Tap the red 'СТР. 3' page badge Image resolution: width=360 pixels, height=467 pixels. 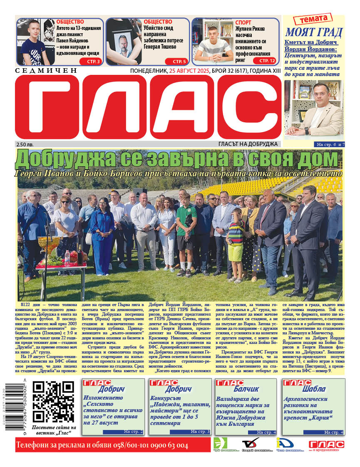93,62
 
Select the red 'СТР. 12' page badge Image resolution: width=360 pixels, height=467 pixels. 267,61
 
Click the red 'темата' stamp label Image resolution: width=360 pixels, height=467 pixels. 313,19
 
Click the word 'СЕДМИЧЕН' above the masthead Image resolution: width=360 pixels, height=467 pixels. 46,71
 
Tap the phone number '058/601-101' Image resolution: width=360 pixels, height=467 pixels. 133,446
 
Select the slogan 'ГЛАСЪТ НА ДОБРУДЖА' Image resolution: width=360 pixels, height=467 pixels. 248,144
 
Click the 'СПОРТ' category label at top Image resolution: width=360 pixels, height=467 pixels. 243,22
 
